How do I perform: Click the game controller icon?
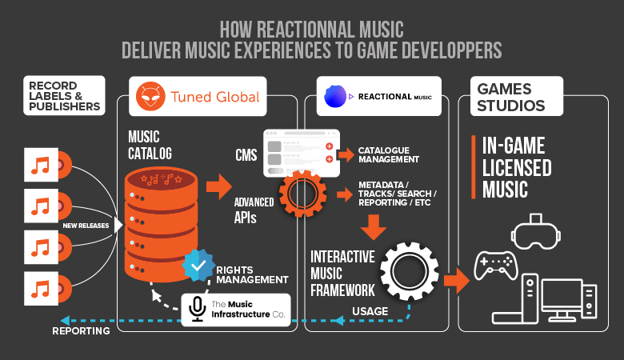(494, 265)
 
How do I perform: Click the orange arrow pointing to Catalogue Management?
(346, 154)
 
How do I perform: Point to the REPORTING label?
(81, 330)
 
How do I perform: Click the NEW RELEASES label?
(86, 226)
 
